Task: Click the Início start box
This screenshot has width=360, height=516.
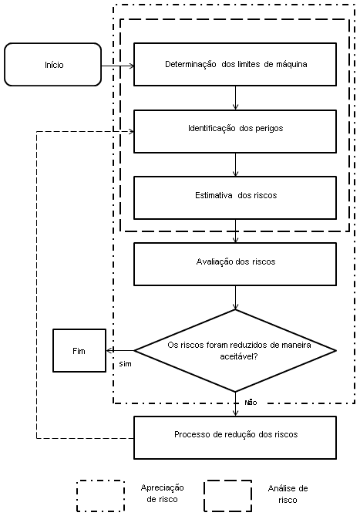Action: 52,65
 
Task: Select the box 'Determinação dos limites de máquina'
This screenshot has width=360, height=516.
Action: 235,65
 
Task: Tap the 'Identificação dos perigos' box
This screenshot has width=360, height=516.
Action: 235,131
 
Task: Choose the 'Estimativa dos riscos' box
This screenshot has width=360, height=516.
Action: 235,197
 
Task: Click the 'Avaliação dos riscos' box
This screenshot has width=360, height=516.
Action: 235,265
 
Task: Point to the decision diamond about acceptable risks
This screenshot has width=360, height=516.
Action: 235,351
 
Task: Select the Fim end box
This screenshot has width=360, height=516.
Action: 79,350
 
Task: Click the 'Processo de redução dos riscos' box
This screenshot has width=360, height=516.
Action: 235,437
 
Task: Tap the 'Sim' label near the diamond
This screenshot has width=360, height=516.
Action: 125,364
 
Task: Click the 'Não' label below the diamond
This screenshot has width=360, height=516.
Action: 251,403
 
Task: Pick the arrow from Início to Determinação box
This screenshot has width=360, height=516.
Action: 118,66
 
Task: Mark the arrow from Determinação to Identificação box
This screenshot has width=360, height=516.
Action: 235,98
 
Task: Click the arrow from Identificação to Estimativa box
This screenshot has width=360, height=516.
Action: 235,164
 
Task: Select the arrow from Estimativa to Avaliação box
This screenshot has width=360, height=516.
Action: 235,231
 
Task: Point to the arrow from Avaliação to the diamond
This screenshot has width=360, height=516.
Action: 235,298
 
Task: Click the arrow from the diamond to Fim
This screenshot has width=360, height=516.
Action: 120,350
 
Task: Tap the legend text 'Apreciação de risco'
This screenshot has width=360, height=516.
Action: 162,494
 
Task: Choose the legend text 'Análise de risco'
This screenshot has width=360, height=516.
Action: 288,494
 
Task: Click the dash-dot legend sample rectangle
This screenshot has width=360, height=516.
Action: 101,481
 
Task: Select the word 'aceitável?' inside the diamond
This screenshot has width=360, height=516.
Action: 239,356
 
